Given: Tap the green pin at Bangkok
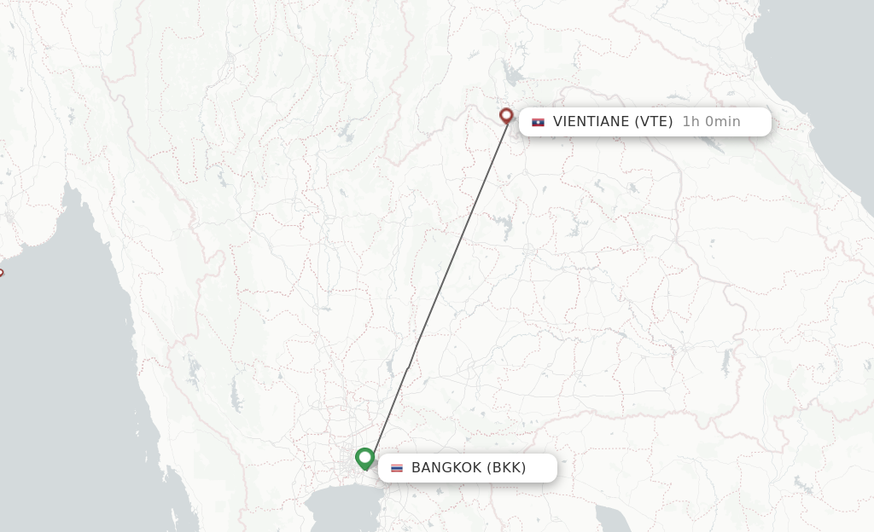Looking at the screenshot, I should [x=365, y=459].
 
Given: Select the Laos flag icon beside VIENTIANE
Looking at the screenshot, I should [x=538, y=122].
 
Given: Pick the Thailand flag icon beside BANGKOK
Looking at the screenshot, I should [x=397, y=468].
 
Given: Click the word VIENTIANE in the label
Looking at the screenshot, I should [x=591, y=121].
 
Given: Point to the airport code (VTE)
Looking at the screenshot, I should [x=653, y=121].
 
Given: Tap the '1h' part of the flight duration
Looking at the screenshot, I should [x=690, y=121].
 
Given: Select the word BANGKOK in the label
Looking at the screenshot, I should [x=446, y=467].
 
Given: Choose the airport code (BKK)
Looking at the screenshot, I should [x=506, y=467].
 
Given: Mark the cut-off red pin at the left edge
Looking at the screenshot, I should [x=1, y=274].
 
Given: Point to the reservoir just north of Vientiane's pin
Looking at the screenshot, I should [x=513, y=74].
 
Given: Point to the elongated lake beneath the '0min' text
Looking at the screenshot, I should [x=709, y=142].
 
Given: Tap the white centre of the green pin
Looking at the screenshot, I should [x=365, y=457].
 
